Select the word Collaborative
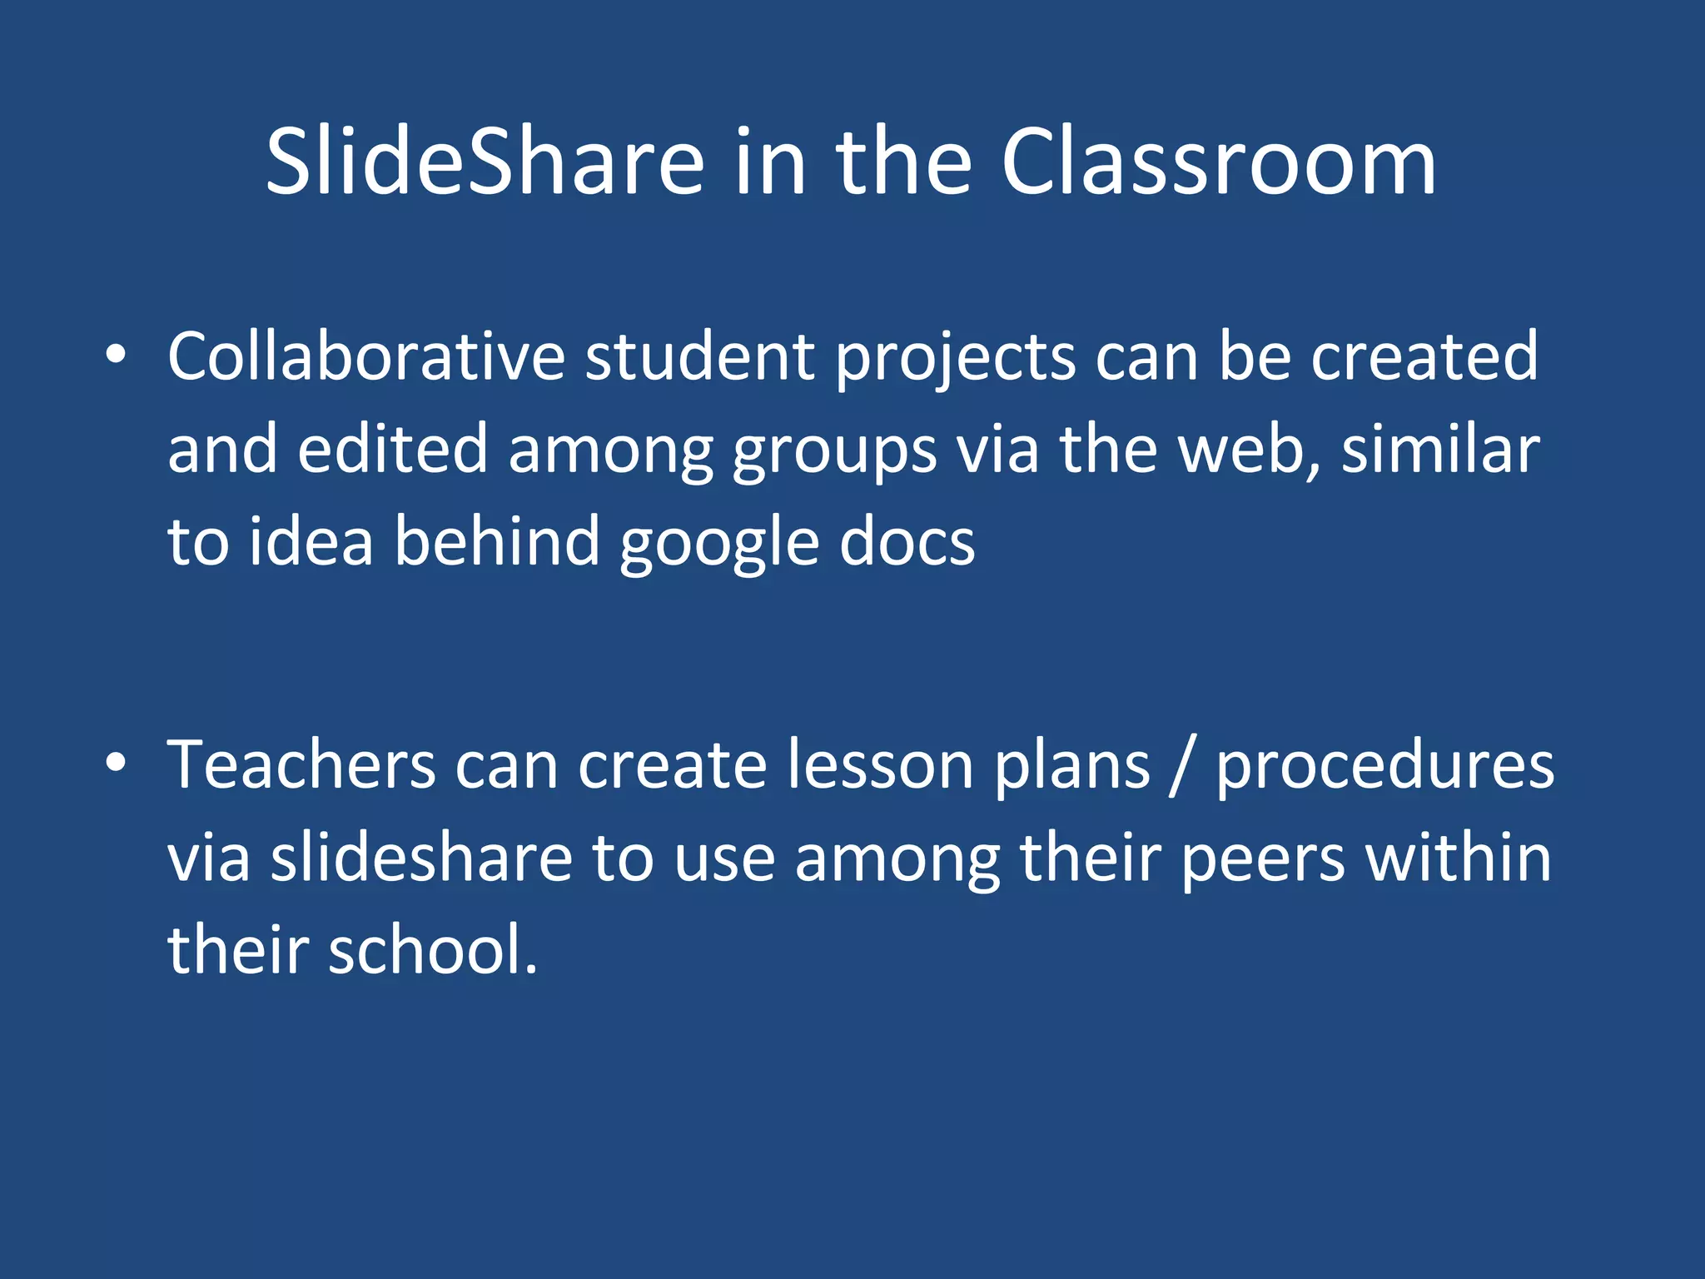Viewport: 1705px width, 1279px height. (x=366, y=356)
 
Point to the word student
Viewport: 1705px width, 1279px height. (x=699, y=356)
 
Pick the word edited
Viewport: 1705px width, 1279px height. (x=392, y=450)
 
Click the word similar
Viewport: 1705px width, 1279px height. (x=1440, y=450)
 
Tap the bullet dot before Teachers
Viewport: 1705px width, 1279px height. (x=116, y=763)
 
